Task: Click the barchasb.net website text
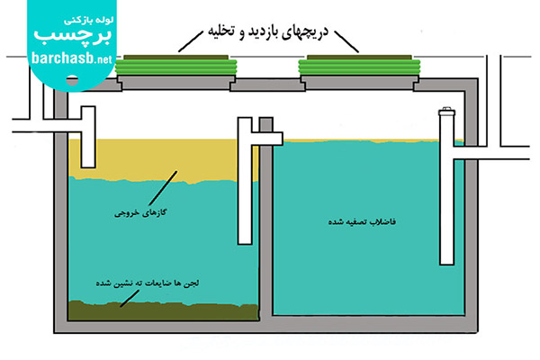72,58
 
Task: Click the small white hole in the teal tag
72,80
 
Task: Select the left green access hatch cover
176,65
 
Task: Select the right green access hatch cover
359,65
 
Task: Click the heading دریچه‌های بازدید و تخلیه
268,32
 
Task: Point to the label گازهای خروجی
140,213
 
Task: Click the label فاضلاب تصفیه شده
362,221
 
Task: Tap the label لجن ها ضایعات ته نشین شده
148,283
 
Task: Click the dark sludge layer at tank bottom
163,311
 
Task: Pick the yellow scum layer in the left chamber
162,160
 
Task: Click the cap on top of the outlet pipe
446,112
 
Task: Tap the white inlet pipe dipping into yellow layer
88,137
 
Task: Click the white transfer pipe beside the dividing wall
245,181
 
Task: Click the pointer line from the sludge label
130,298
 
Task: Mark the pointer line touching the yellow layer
163,188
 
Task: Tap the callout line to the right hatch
346,41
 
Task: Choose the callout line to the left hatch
191,41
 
